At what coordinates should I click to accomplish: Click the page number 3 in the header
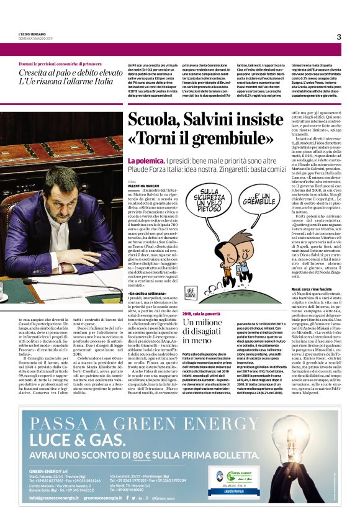pyautogui.click(x=339, y=37)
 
